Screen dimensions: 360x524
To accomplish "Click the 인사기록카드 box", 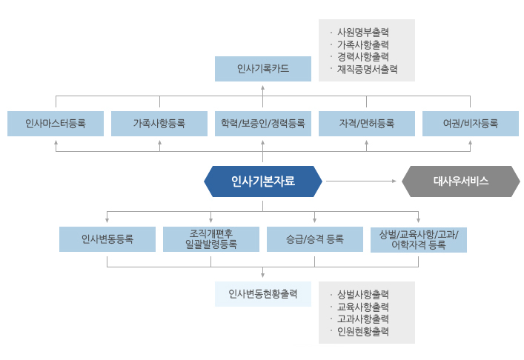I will coord(263,69).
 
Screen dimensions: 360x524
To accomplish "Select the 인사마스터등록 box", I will coord(56,123).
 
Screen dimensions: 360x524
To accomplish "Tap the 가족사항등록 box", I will coord(159,123).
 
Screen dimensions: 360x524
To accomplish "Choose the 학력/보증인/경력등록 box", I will coord(263,123).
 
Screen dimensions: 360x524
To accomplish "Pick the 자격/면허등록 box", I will coord(367,123).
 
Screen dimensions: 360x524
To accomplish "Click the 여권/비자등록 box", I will coord(471,123).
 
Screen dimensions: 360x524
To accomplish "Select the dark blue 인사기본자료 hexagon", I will coord(263,181).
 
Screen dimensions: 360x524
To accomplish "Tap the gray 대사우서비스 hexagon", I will coord(460,181).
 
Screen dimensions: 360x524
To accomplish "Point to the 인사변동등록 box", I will coord(107,239).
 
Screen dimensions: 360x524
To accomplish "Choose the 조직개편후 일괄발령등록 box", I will coord(211,239).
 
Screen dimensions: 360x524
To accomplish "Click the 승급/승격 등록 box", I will coord(315,239).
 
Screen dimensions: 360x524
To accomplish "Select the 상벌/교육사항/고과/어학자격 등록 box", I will coord(419,239).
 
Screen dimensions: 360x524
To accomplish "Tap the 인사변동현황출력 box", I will coord(263,293).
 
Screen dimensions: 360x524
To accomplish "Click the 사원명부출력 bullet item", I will coord(363,33).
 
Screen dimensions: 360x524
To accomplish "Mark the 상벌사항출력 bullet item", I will coord(363,294).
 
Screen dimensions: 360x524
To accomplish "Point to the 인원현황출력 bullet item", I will coord(363,331).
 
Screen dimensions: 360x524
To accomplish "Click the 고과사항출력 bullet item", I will coord(363,319).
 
